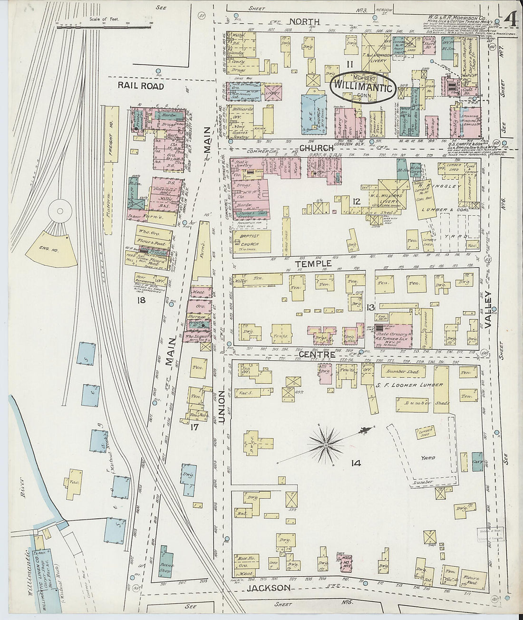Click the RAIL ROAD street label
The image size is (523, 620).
point(142,86)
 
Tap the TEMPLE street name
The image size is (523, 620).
point(313,263)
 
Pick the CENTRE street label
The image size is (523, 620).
point(317,354)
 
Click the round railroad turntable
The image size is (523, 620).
point(60,209)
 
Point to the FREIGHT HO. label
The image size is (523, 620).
point(110,143)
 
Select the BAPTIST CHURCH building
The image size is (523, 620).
point(252,241)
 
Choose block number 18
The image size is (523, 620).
point(141,300)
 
